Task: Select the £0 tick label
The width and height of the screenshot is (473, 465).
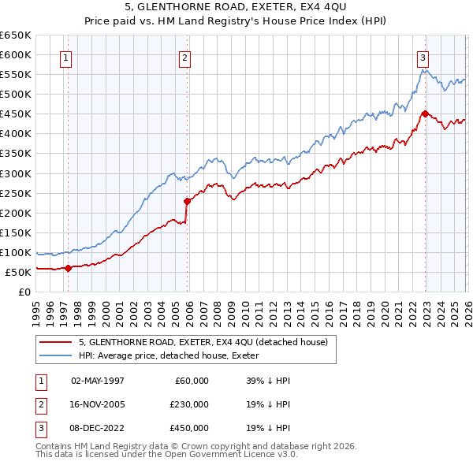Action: click(24, 292)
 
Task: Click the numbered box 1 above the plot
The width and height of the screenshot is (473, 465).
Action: click(67, 57)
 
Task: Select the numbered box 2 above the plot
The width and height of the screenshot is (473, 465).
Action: click(184, 57)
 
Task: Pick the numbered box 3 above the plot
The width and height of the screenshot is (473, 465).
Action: click(423, 57)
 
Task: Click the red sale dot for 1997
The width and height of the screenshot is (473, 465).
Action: click(68, 268)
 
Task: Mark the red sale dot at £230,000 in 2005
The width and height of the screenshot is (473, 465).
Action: click(187, 201)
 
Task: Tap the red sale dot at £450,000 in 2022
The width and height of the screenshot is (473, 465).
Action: click(424, 113)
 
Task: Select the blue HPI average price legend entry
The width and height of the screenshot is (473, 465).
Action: click(174, 355)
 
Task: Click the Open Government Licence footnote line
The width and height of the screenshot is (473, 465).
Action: click(167, 455)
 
